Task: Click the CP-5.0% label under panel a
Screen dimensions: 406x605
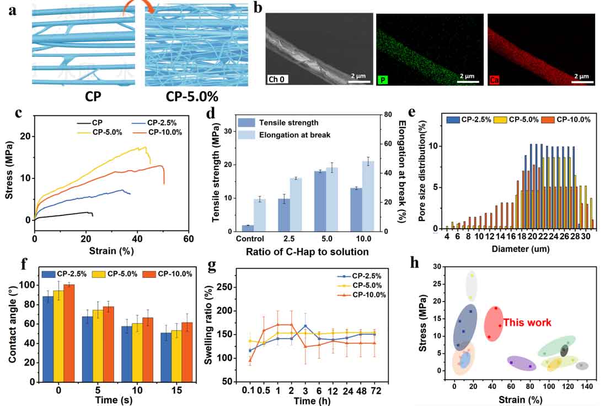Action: tap(192, 96)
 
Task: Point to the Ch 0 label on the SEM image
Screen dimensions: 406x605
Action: tap(279, 80)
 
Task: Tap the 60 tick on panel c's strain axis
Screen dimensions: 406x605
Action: tap(189, 239)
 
